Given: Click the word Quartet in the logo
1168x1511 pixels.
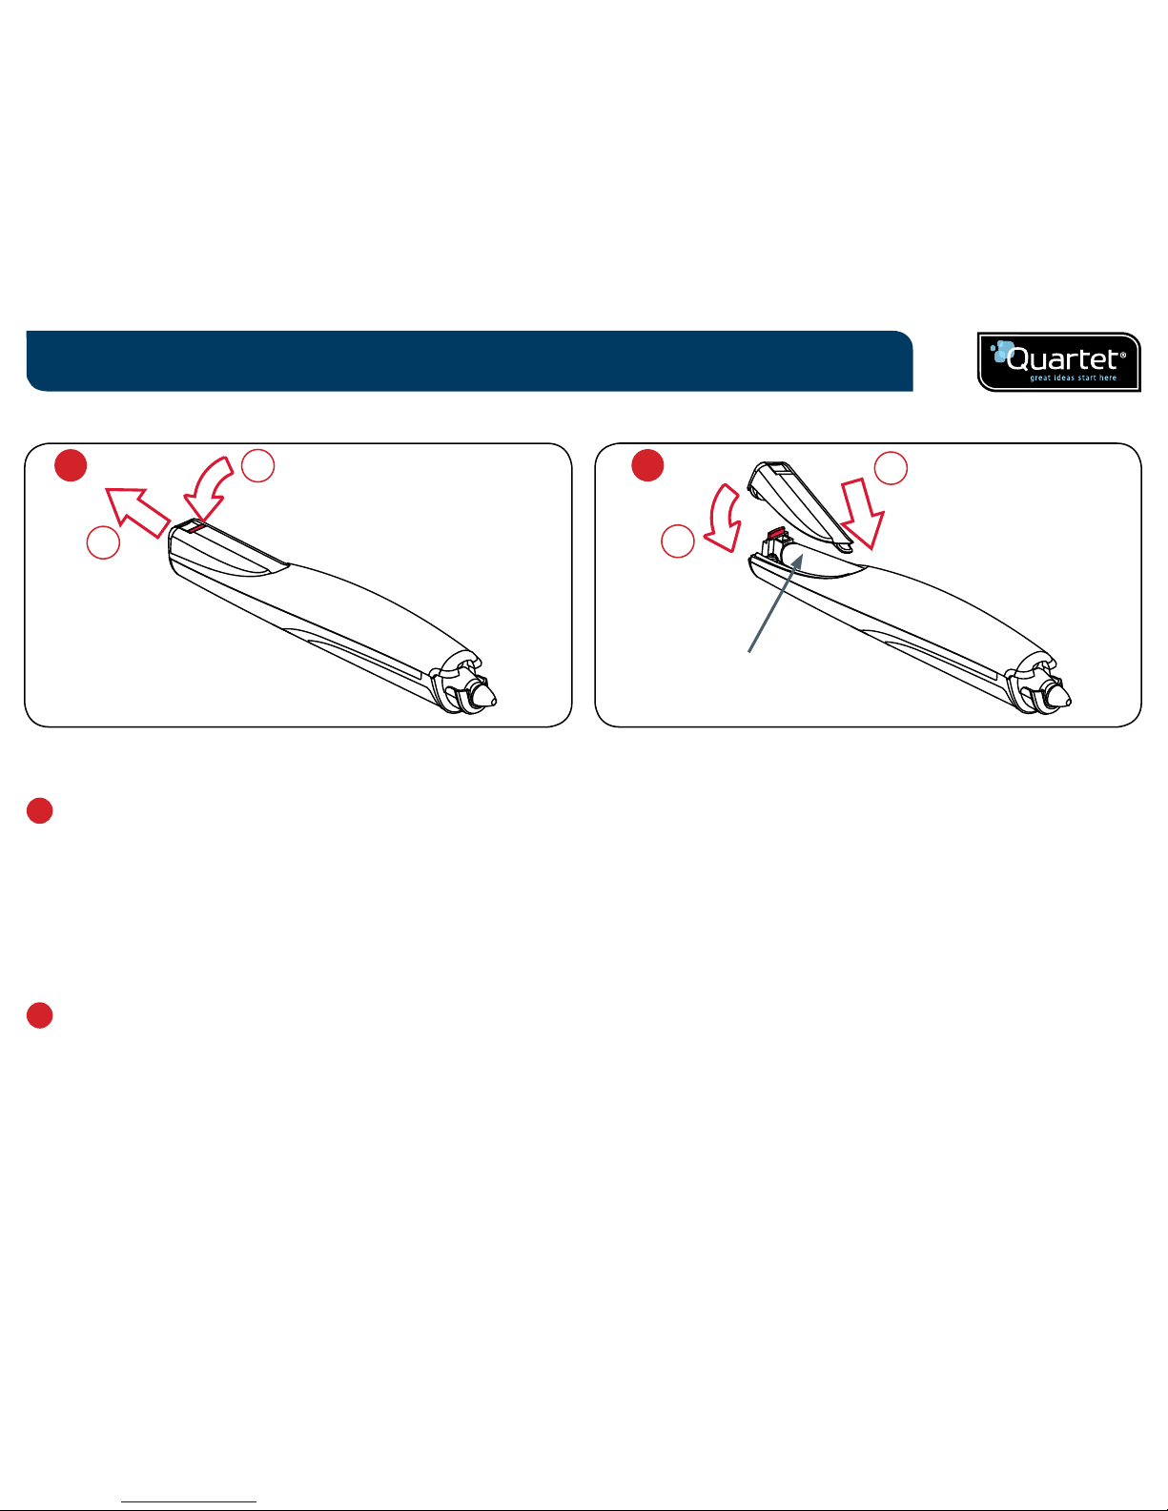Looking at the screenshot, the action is pyautogui.click(x=1061, y=358).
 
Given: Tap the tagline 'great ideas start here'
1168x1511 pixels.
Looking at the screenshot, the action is pyautogui.click(x=1074, y=378).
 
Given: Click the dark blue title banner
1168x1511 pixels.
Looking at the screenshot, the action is pyautogui.click(x=469, y=361).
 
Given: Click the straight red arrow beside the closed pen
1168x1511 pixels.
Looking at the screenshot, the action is pyautogui.click(x=137, y=512).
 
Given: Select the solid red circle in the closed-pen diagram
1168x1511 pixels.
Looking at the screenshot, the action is pyautogui.click(x=71, y=465).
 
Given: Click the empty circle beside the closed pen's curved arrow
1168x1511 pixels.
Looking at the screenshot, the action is pyautogui.click(x=258, y=465).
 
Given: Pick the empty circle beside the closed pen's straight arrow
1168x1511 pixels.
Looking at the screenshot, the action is pyautogui.click(x=103, y=541).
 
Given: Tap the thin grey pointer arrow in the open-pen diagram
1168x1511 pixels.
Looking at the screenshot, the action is pyautogui.click(x=776, y=602).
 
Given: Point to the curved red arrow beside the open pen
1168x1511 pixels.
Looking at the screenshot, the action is pyautogui.click(x=723, y=518).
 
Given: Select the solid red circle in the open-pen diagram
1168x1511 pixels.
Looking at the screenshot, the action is pyautogui.click(x=647, y=465).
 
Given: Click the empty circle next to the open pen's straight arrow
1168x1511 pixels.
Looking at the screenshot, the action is pyautogui.click(x=891, y=468).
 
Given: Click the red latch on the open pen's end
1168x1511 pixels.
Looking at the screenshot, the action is pyautogui.click(x=776, y=533).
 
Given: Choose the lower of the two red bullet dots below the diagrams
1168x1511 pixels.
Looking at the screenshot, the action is pyautogui.click(x=40, y=1015).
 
